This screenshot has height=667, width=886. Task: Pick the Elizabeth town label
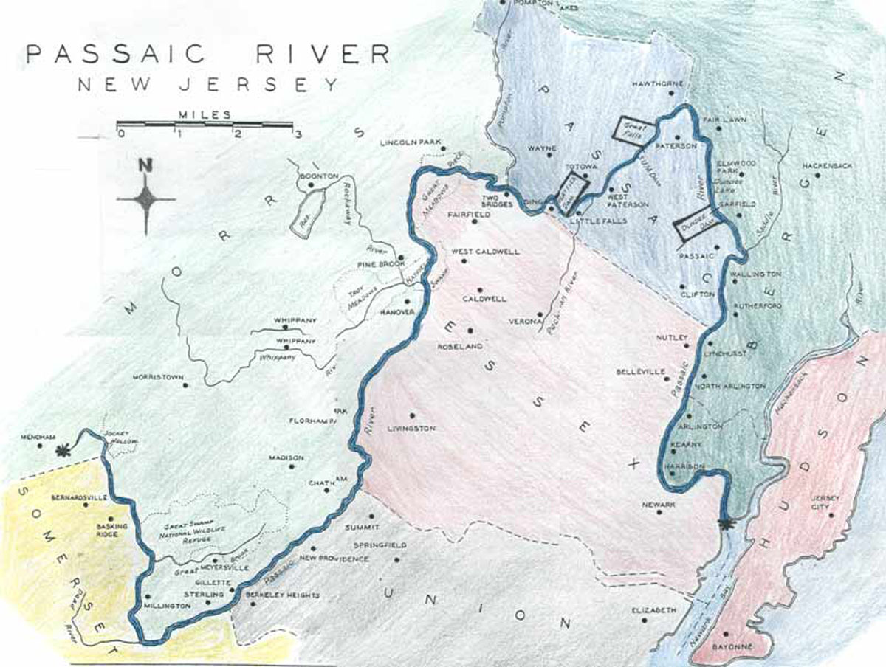tap(654, 611)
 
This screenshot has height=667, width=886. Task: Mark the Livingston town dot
tap(412, 415)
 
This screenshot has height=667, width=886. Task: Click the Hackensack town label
tap(827, 166)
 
